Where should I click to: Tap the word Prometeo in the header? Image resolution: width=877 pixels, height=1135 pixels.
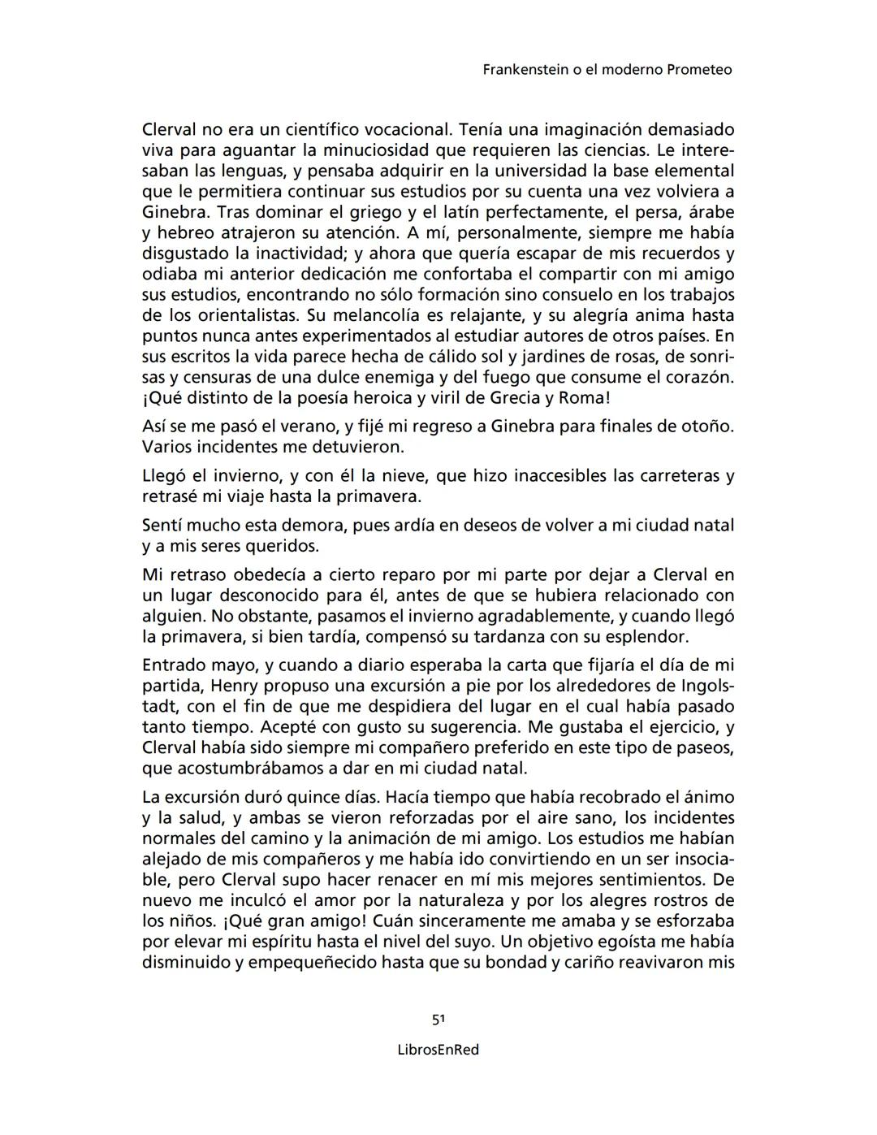698,70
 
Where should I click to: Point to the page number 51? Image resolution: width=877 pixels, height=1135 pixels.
438,1019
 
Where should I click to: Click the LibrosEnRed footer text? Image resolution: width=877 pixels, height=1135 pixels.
438,1050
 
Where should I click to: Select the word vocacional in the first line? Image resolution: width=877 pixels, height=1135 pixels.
405,130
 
